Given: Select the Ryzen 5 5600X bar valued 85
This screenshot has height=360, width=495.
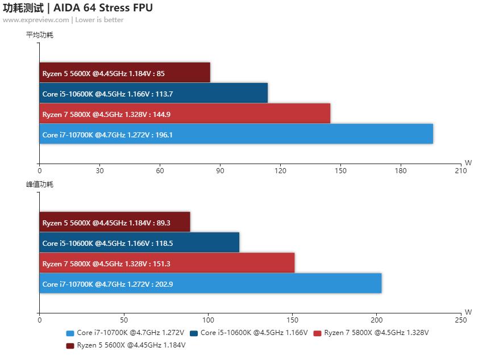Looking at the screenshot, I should coord(124,73).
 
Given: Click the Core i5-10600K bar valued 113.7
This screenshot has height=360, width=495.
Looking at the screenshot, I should coord(153,93).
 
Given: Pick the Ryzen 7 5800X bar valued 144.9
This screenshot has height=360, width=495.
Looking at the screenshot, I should coord(185,114).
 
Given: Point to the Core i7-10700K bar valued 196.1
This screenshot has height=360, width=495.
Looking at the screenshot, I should coord(236,134).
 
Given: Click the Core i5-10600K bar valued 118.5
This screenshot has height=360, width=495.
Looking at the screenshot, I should coord(139,242).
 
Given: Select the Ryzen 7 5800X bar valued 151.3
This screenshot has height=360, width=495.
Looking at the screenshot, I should coord(167,263).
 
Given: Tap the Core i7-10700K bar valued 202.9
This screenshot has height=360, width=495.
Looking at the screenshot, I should coord(210,283).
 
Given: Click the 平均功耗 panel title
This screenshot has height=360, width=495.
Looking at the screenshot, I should coord(40,35).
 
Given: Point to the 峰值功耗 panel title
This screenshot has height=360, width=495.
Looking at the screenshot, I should coord(40,185).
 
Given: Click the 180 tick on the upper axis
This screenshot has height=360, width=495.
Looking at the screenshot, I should coord(401,170).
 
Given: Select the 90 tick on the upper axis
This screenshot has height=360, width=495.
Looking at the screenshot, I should coord(220,170).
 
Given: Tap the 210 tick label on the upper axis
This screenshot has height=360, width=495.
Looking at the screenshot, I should coord(461,170).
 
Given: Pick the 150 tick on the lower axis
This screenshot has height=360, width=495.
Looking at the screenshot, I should coord(292,320).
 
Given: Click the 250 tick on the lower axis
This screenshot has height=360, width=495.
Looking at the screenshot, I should coord(461,320).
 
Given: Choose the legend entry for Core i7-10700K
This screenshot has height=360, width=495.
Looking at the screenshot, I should coord(125,333).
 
